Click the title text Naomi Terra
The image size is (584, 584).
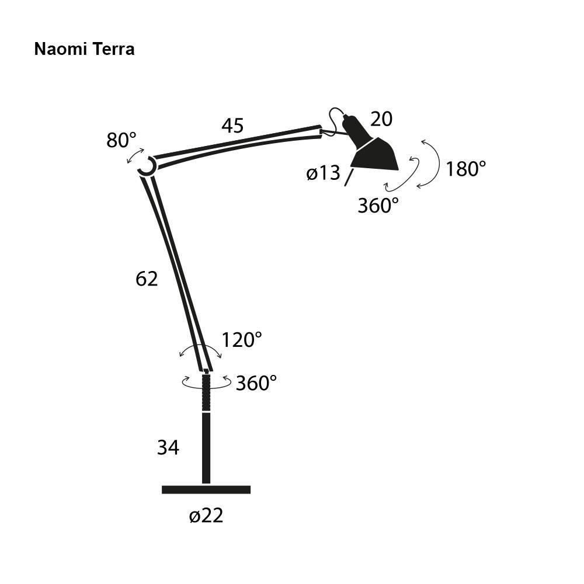coord(84,49)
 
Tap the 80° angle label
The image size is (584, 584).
coord(121,140)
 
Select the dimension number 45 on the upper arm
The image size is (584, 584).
coord(232,126)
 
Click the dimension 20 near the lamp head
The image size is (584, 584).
coord(381,119)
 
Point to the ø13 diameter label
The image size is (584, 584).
coord(323,173)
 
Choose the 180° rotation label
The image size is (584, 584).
coord(465,169)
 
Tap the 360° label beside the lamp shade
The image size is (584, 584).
coord(378,206)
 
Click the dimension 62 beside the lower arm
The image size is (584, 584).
coord(147,279)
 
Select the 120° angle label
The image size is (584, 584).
coord(241,339)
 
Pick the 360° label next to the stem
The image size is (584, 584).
coord(256,383)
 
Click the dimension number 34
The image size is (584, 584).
coord(168,448)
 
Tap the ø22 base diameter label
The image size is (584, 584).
coord(206,516)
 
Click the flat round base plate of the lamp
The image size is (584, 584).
coord(206,489)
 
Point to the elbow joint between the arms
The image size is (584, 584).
coord(147,166)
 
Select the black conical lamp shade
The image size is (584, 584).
coord(375,155)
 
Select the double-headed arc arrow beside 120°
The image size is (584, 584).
coord(200,348)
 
